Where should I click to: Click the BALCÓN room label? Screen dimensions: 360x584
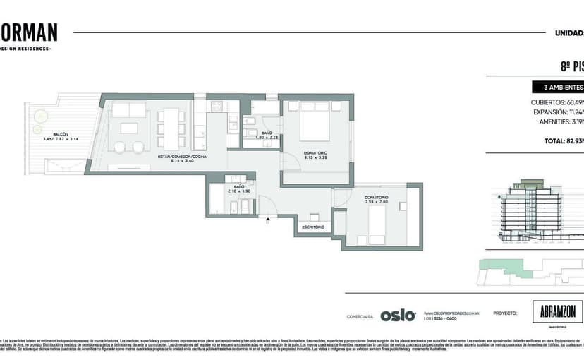pos(60,133)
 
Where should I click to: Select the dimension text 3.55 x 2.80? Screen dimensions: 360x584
pos(376,202)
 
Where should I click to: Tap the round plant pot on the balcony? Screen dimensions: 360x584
pos(40,116)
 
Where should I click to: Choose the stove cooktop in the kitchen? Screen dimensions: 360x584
pos(216,106)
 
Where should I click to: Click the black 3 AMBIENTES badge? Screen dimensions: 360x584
pos(559,88)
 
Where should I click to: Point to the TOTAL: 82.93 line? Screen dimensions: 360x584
pos(563,141)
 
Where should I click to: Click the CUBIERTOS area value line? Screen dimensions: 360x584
pos(557,102)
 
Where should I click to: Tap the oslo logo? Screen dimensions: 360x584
pos(398,316)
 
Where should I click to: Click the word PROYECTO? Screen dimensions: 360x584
pos(504,311)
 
